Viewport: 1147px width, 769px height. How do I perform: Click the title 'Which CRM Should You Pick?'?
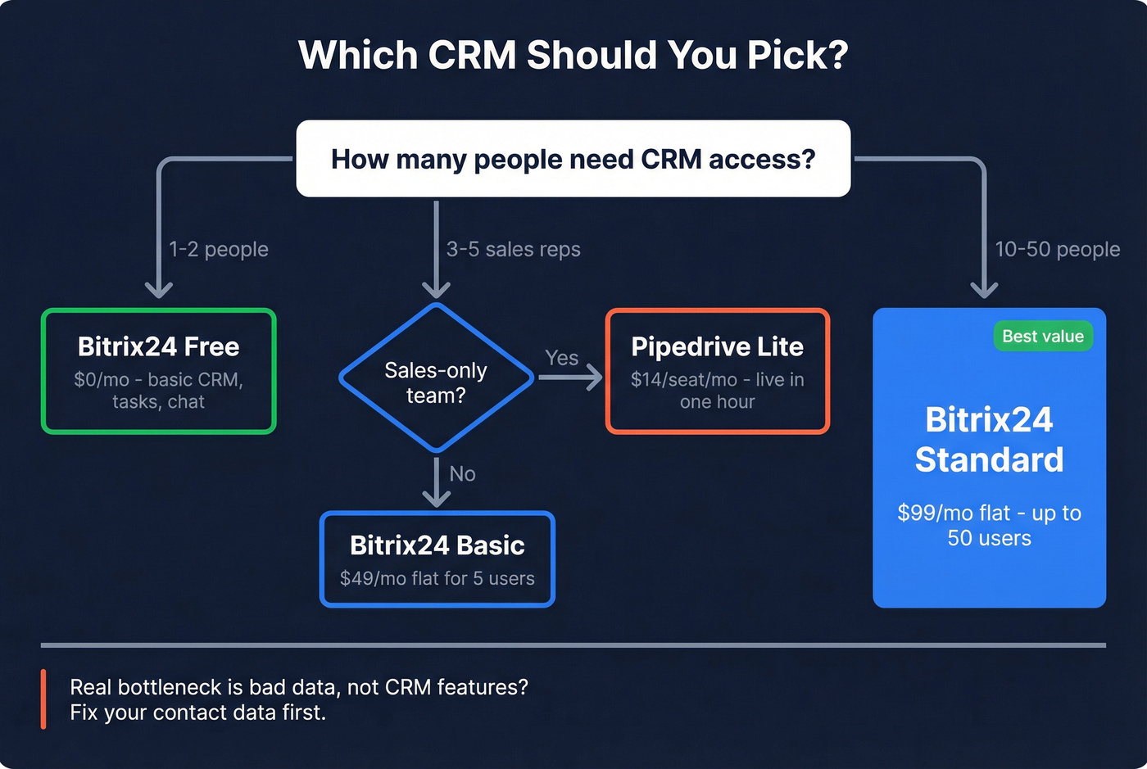coord(573,56)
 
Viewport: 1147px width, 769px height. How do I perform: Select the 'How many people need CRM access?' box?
coord(573,159)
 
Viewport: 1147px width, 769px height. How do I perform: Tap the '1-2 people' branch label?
coord(219,249)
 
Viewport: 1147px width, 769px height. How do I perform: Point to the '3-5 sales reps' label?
coord(513,249)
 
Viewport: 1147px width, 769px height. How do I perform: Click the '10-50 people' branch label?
coord(1057,249)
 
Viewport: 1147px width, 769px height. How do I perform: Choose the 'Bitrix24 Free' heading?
coord(158,346)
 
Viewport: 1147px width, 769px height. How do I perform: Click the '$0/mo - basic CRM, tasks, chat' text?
coord(158,391)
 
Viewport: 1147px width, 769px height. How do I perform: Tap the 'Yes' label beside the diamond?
coord(561,358)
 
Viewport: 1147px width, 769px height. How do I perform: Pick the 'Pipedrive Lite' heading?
coord(717,346)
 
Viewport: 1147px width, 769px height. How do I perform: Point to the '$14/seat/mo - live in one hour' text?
coord(717,391)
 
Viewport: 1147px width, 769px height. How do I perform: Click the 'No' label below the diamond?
coord(462,473)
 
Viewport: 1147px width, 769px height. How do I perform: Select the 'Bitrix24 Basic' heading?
coord(437,545)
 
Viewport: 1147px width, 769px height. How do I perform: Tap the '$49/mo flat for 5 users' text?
coord(437,578)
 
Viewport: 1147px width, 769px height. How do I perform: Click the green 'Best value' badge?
coord(1042,336)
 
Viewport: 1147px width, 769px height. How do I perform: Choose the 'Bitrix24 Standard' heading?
coord(989,440)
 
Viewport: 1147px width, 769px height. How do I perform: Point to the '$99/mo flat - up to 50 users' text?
coord(989,525)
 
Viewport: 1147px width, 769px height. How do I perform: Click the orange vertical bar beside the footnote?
coord(43,699)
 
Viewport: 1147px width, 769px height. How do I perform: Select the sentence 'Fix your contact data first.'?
coord(197,712)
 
